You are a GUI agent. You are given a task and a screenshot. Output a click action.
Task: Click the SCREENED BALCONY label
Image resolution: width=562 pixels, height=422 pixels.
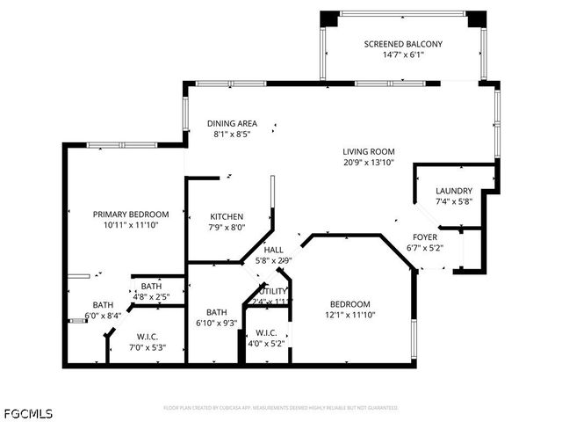pos(403,44)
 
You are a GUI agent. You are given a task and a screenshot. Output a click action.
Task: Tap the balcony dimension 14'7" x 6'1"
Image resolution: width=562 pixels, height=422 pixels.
pos(403,55)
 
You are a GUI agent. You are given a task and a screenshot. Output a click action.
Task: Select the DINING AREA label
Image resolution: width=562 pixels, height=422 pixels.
pos(232,123)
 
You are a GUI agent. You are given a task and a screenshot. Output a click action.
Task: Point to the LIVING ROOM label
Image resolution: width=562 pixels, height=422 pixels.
pos(369,151)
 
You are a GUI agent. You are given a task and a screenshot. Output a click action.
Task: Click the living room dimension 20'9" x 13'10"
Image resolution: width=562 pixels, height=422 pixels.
pos(369,163)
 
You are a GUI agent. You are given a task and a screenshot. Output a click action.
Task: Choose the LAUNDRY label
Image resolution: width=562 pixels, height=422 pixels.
pos(454,191)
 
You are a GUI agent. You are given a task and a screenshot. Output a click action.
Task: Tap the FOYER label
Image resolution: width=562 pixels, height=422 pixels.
pos(425,237)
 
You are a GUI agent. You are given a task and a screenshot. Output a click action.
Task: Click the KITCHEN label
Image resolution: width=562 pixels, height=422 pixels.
pos(227,216)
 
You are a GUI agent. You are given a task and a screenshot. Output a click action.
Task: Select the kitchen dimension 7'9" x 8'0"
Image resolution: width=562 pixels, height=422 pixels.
pos(227,228)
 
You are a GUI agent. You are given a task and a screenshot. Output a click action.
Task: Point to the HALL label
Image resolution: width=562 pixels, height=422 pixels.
pos(273,250)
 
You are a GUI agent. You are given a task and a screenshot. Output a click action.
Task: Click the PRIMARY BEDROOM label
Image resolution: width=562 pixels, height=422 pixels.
pos(130,213)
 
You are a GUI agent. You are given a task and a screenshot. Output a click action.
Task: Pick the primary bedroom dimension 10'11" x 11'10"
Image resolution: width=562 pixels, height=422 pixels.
pos(130,224)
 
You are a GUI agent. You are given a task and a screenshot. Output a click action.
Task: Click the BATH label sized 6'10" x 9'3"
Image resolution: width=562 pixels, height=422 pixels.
pos(216,312)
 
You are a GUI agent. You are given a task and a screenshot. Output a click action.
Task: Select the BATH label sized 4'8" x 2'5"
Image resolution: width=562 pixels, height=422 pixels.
pos(151,286)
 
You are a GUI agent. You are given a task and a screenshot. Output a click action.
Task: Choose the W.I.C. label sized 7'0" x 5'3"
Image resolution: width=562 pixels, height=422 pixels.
pos(148,337)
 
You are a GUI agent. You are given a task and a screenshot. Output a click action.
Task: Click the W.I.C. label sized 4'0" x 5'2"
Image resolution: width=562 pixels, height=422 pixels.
pos(266,333)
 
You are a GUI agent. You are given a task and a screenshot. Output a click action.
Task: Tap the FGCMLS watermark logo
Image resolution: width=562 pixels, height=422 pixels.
pos(27,412)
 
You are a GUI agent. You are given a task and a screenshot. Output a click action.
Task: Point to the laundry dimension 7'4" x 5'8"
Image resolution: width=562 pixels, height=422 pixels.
pos(454,202)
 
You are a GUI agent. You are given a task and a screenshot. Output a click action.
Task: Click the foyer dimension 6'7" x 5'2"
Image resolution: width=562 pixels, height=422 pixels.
pos(425,248)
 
